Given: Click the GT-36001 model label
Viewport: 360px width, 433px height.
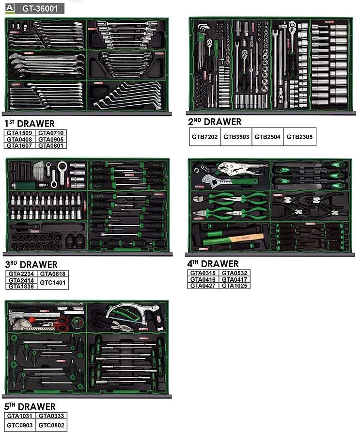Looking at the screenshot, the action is (x=40, y=9).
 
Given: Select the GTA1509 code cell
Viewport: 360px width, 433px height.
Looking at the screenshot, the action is (x=19, y=133).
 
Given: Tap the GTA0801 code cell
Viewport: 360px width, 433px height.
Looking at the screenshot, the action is (x=51, y=145).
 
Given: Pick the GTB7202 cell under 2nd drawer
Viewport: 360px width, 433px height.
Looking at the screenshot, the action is (x=205, y=137).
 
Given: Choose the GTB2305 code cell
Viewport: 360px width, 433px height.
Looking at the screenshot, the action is (x=299, y=137).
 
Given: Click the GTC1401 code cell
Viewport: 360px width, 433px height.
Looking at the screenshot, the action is (x=53, y=283).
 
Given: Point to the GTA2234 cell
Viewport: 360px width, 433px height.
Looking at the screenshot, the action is (x=21, y=273).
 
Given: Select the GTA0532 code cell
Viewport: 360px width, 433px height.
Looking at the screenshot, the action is (x=235, y=273).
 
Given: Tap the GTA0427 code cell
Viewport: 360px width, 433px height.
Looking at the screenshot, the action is (x=203, y=286).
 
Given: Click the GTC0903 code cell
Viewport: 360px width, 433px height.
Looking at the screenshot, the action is (x=20, y=425).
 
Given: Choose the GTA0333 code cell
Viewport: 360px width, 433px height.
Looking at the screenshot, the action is (x=51, y=416).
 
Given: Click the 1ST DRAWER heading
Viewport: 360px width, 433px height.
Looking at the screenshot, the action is (x=30, y=124).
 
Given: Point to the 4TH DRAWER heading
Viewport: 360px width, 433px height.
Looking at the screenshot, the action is (x=213, y=264).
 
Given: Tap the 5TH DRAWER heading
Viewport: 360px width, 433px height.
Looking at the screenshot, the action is (x=30, y=406).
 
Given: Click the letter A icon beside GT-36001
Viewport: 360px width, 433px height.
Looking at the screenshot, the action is (x=9, y=9).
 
